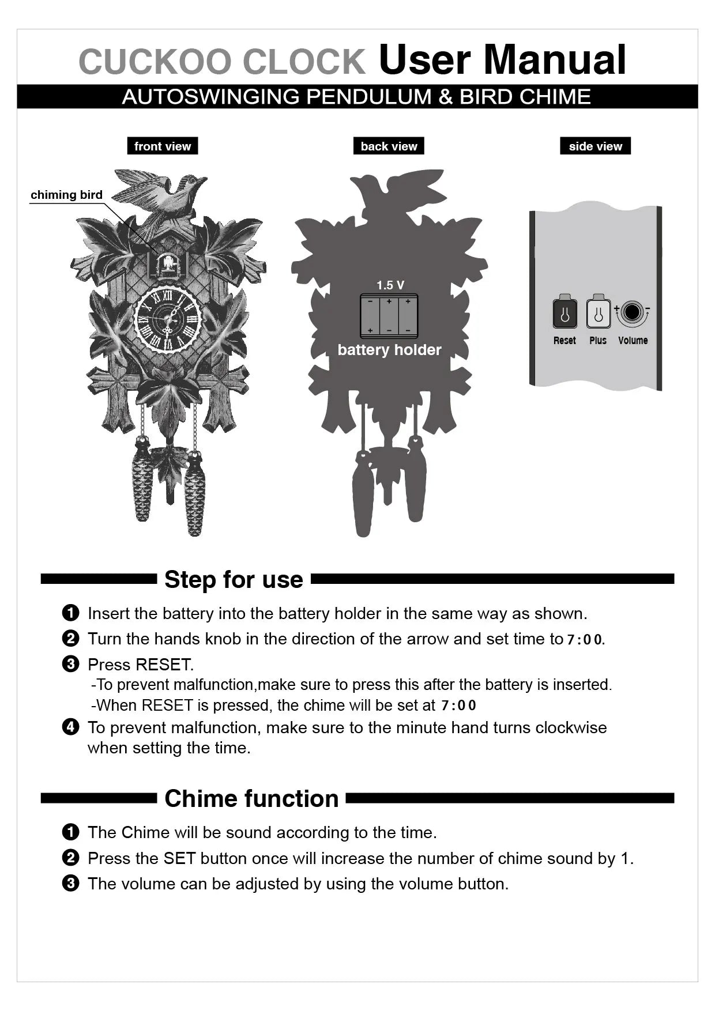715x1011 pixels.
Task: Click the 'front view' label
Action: click(x=162, y=146)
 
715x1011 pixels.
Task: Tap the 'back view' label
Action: click(x=389, y=146)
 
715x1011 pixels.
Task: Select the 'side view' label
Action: click(x=595, y=146)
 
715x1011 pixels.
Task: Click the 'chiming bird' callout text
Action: click(x=66, y=195)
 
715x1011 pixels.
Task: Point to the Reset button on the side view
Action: click(x=565, y=314)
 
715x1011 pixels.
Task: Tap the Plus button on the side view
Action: click(x=598, y=314)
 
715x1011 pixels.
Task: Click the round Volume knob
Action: click(x=632, y=312)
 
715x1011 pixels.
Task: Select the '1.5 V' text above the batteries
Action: click(x=390, y=285)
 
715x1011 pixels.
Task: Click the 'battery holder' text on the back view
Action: click(x=389, y=350)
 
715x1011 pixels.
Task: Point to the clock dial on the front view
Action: click(x=167, y=319)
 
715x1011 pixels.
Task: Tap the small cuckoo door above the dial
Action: click(x=167, y=264)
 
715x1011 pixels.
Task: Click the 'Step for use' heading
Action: click(x=234, y=579)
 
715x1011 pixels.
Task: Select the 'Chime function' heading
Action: click(x=251, y=798)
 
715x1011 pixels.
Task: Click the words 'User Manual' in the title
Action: click(x=502, y=60)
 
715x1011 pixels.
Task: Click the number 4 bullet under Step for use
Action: click(x=70, y=727)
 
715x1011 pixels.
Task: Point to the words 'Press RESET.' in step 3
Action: click(x=141, y=665)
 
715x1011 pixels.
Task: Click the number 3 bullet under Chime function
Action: click(x=70, y=883)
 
